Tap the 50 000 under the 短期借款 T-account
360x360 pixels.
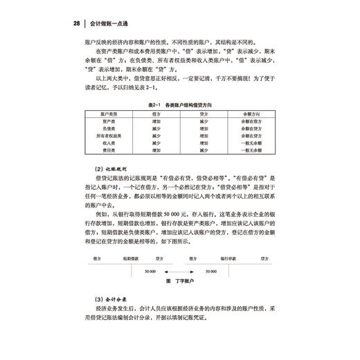pos(152,272)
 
